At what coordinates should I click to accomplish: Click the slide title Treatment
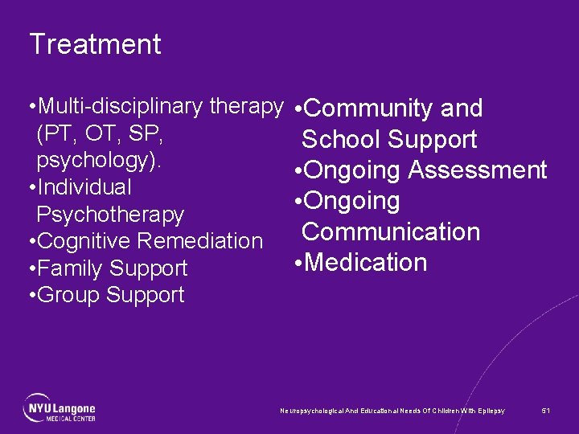[95, 44]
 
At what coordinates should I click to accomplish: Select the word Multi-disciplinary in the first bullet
[121, 106]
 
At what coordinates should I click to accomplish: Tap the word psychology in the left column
[96, 160]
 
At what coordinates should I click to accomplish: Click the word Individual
[84, 187]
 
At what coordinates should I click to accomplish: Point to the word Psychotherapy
[110, 215]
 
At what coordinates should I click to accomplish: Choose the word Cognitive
[84, 241]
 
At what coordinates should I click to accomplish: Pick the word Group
[68, 295]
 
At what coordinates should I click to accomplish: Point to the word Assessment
[477, 170]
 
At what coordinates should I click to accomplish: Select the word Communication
[391, 232]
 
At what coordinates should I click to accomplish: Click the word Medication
[365, 263]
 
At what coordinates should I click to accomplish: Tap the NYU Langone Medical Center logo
[60, 407]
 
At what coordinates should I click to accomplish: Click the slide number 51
[546, 411]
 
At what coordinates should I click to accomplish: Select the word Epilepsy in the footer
[491, 411]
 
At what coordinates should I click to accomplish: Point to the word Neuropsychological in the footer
[310, 411]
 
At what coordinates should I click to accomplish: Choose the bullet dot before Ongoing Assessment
[298, 171]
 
